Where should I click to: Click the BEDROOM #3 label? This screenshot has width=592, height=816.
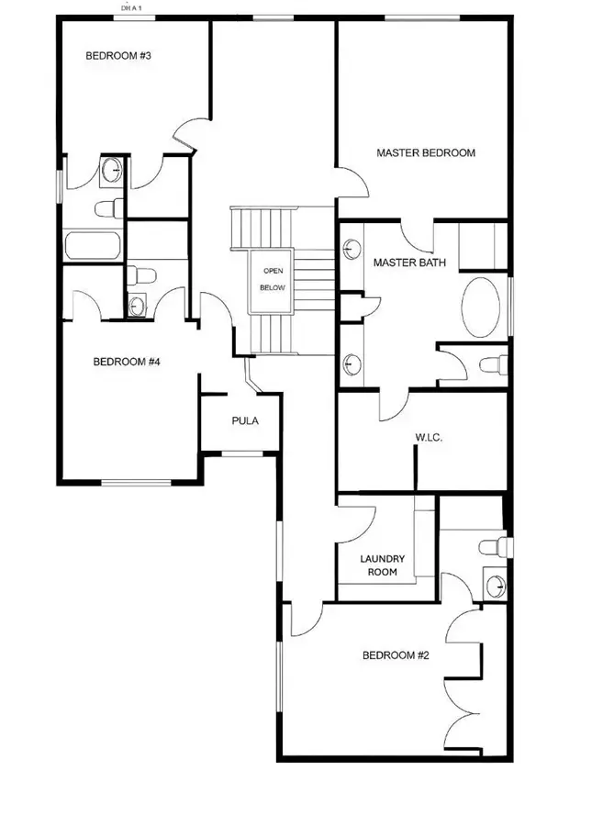117,57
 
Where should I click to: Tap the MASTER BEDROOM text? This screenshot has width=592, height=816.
426,153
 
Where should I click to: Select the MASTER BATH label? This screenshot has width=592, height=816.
409,263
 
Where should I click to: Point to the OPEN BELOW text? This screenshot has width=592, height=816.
274,279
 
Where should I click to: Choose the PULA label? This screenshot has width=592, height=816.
244,421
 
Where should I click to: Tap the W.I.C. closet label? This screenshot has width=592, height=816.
429,439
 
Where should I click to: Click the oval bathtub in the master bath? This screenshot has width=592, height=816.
481,307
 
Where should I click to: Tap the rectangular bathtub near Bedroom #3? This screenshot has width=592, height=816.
94,245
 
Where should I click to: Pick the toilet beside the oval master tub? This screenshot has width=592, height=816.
492,364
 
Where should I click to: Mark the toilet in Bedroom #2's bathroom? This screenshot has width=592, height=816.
493,546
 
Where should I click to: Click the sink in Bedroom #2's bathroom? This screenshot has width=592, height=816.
496,585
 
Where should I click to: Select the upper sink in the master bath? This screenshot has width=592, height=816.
352,248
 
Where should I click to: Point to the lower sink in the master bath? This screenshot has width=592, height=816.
352,363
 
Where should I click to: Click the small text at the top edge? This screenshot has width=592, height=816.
133,7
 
